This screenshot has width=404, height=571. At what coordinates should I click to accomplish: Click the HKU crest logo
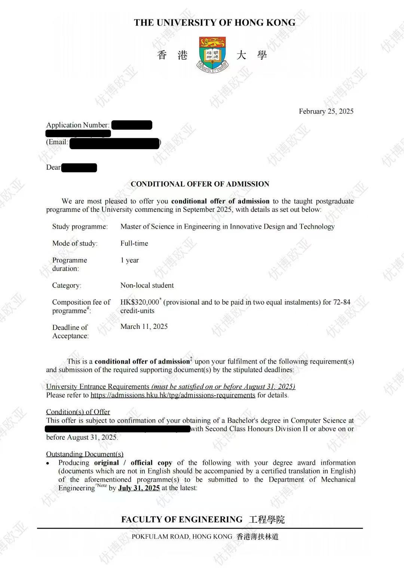point(212,55)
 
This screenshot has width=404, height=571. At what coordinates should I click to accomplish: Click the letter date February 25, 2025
point(326,111)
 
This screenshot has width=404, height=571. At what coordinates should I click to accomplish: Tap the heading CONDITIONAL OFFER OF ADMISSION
point(200,184)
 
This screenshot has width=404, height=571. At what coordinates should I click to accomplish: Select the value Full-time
point(134,243)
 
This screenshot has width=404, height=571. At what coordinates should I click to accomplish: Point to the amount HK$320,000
point(140,302)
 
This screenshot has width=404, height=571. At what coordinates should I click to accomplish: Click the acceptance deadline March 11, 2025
point(144,327)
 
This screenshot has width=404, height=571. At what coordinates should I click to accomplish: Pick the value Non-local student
point(147,285)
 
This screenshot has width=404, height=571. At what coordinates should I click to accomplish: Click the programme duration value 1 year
point(129,260)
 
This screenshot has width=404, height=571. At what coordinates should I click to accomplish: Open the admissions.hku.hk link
point(173,395)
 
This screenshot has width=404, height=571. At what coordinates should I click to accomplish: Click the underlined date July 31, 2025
point(139,488)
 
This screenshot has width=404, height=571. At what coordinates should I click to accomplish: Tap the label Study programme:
point(80,226)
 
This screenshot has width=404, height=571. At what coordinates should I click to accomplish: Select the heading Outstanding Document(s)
point(85,454)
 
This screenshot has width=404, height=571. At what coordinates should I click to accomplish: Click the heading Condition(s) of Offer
point(78,412)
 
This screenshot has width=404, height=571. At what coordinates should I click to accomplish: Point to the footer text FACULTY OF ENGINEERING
point(182,519)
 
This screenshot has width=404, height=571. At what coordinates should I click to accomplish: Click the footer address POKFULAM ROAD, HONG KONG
point(182,537)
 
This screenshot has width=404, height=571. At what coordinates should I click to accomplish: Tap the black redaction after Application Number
point(132,125)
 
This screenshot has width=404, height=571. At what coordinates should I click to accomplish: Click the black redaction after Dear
point(79,168)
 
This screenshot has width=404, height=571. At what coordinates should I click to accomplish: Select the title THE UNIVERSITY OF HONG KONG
point(215,23)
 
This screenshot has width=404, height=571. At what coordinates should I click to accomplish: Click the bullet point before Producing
point(48,463)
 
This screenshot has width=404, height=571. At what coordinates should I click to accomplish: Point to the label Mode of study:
point(75,243)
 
